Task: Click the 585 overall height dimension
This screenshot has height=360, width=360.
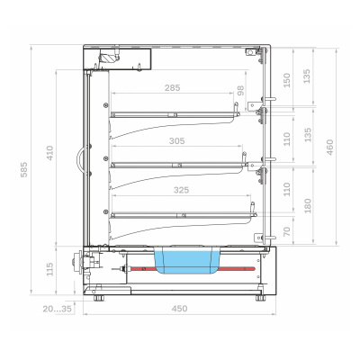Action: pos(24,169)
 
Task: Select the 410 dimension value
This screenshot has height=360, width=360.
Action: pos(49,153)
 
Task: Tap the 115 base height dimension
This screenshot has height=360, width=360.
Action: pos(49,269)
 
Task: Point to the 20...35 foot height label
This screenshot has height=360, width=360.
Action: pos(58,309)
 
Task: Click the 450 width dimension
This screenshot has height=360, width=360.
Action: pos(179,309)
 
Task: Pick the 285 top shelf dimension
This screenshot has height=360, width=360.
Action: pos(173,88)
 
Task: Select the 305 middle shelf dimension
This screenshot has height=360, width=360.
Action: pos(177,140)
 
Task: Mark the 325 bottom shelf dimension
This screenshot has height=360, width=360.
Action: pos(182,190)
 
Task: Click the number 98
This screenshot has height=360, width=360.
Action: pos(240,91)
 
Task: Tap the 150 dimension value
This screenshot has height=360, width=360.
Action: pos(287,80)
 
